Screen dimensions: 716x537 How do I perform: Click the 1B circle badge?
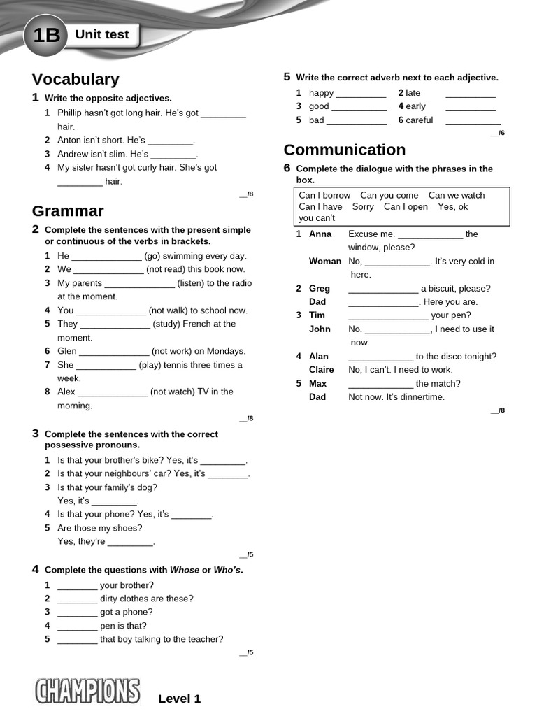(x=45, y=35)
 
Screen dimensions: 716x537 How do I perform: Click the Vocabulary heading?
(x=76, y=79)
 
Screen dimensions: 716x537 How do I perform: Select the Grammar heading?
(x=68, y=210)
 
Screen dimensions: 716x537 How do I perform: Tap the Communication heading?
(x=344, y=150)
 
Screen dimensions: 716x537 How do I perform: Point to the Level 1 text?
(x=179, y=699)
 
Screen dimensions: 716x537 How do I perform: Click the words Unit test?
(x=102, y=34)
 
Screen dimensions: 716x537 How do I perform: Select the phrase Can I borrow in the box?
(x=324, y=195)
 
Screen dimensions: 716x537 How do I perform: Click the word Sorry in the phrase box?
(x=363, y=206)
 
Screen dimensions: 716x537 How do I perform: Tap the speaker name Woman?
(x=325, y=261)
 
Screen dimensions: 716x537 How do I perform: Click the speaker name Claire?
(x=322, y=369)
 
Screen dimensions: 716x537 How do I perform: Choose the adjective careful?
(x=420, y=120)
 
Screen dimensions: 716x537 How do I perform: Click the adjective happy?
(x=322, y=92)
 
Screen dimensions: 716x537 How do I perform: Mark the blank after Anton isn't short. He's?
(x=170, y=141)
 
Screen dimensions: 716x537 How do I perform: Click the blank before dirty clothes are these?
(x=77, y=599)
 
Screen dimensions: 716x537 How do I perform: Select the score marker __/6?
(x=497, y=133)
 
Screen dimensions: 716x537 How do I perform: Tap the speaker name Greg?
(x=320, y=288)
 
